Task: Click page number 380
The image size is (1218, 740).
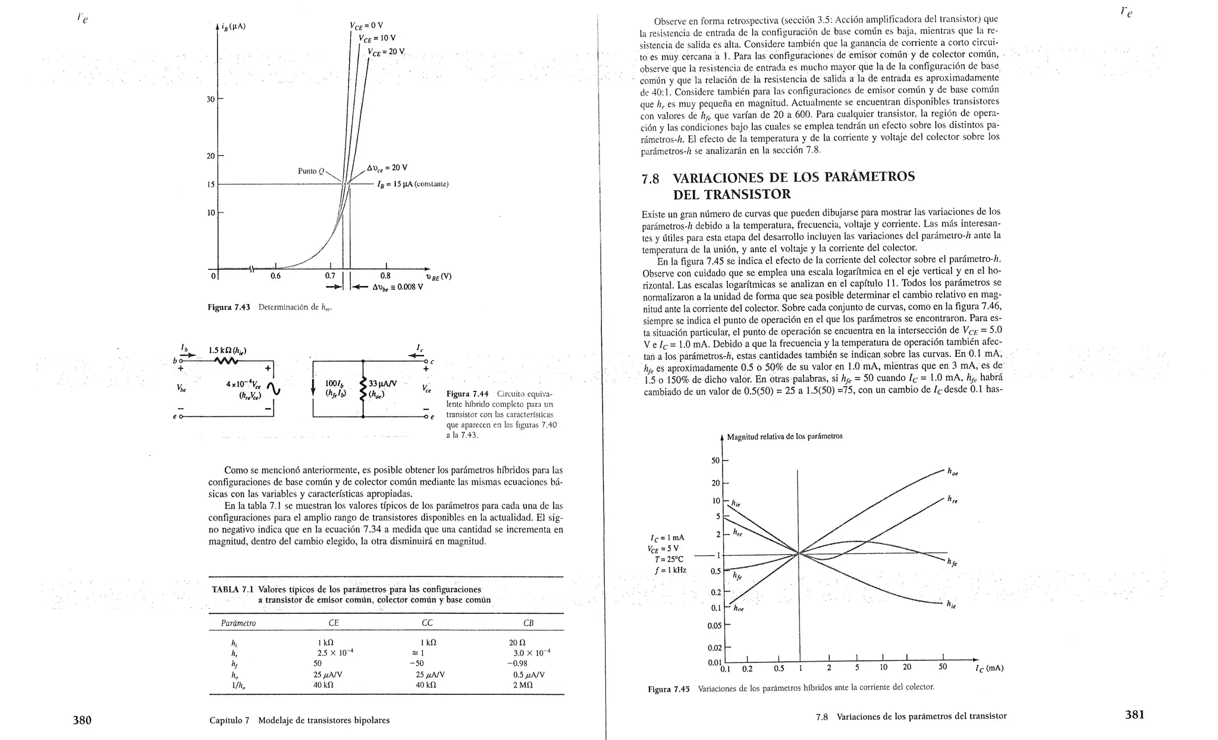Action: point(82,720)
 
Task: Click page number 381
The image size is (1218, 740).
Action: point(1135,715)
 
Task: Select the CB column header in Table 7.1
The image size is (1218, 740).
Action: point(528,623)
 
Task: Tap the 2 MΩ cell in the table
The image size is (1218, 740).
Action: point(523,685)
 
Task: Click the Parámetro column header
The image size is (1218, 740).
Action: point(238,623)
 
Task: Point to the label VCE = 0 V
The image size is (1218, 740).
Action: point(366,26)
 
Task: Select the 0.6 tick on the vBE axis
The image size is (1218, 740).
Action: point(275,276)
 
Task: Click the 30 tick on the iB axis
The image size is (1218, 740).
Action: point(211,99)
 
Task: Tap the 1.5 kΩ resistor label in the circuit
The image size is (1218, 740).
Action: point(228,350)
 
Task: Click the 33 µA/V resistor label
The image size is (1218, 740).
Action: point(383,384)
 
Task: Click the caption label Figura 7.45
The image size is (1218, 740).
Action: point(668,689)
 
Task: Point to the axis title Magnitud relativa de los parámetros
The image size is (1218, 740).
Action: point(784,436)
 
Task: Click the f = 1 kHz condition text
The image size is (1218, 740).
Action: point(670,570)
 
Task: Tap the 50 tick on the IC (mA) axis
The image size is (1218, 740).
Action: point(943,667)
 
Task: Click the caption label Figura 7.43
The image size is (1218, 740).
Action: point(228,307)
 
